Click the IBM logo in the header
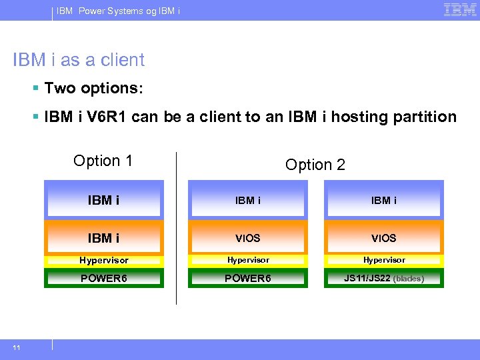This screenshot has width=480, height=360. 459,10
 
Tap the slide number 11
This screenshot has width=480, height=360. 15,347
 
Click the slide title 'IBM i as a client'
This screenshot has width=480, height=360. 79,60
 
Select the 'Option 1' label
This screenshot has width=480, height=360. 103,161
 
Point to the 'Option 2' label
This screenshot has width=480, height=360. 315,165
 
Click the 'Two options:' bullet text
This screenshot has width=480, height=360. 93,88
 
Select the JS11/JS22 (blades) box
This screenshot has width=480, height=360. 384,278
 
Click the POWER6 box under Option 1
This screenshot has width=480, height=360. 103,278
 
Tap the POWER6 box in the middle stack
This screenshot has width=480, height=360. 248,278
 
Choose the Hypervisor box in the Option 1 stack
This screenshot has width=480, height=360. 103,260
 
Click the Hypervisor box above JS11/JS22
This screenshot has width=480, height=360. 384,260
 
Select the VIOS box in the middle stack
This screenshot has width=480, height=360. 248,238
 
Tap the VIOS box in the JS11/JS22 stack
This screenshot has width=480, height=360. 384,238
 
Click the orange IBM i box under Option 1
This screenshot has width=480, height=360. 103,238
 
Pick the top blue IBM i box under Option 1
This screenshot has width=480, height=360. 103,200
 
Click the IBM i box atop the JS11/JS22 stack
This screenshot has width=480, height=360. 384,200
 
